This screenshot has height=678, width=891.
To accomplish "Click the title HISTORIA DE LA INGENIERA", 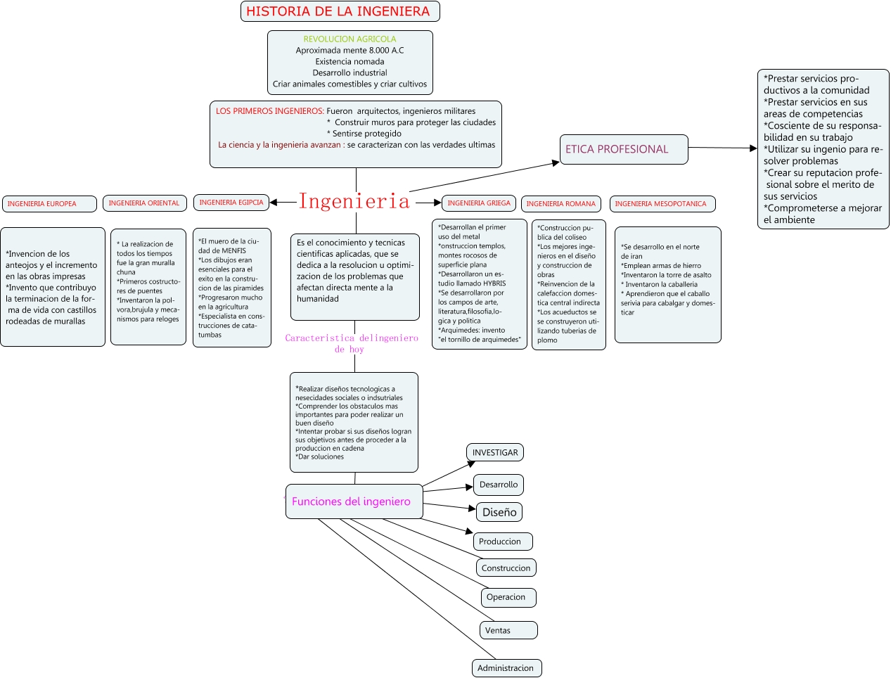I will click(339, 11).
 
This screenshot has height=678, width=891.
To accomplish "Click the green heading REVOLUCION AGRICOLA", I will click(350, 39).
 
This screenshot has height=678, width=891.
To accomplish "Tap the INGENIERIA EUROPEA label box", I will click(49, 204).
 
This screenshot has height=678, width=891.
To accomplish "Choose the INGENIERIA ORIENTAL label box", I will click(144, 203).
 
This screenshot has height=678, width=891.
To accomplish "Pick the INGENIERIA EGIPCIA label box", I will click(231, 203).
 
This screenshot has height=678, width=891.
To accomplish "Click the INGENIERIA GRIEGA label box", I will click(479, 203).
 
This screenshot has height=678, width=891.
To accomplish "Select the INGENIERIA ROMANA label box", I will click(560, 204).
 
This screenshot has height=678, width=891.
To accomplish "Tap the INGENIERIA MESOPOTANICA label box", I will click(662, 204).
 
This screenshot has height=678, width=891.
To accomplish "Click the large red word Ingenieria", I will click(354, 201).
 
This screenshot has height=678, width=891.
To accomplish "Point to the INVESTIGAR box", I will click(495, 453).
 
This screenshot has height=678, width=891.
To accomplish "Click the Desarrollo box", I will click(499, 485).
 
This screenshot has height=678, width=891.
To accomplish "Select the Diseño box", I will click(499, 512).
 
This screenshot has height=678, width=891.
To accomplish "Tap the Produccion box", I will click(502, 542).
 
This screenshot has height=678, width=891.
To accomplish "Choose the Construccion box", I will click(506, 568).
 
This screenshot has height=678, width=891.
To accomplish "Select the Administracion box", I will click(506, 668).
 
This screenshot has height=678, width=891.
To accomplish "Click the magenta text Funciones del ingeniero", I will click(351, 501).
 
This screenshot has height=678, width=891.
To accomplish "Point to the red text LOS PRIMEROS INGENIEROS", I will click(269, 111).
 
